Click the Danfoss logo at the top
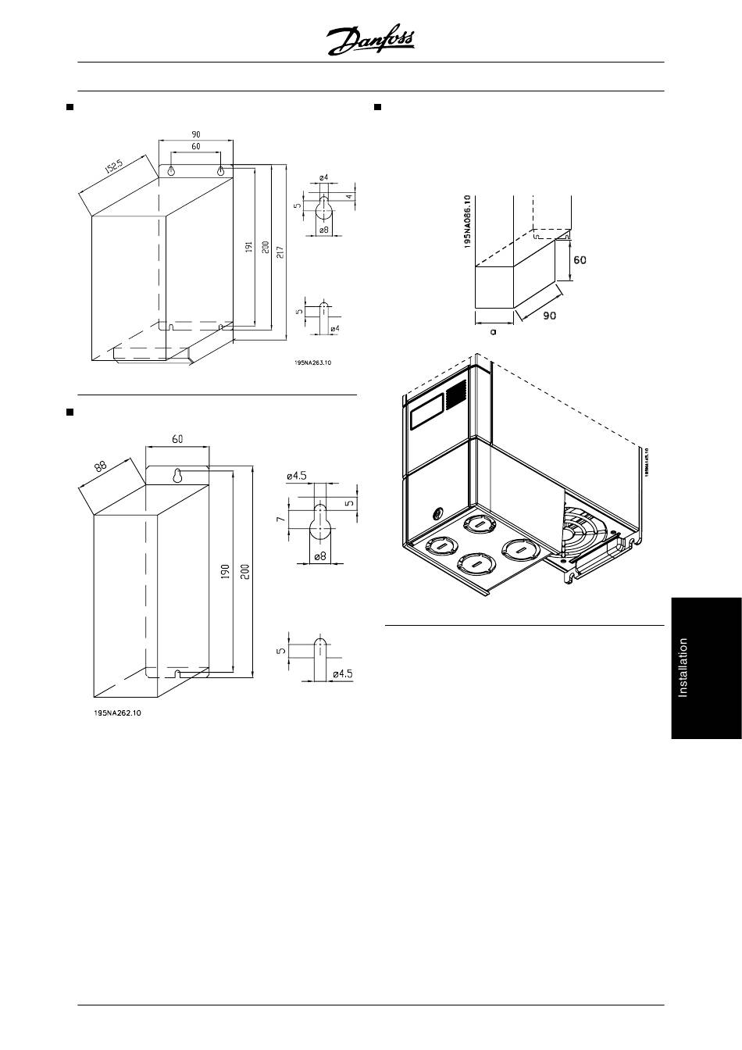(370, 40)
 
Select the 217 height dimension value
(279, 252)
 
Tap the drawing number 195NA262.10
(118, 712)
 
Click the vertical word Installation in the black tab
(683, 668)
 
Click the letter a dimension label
(494, 331)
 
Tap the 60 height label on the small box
(580, 259)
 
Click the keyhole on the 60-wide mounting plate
(177, 476)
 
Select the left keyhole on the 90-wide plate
(174, 171)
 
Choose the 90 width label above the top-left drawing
(196, 134)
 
